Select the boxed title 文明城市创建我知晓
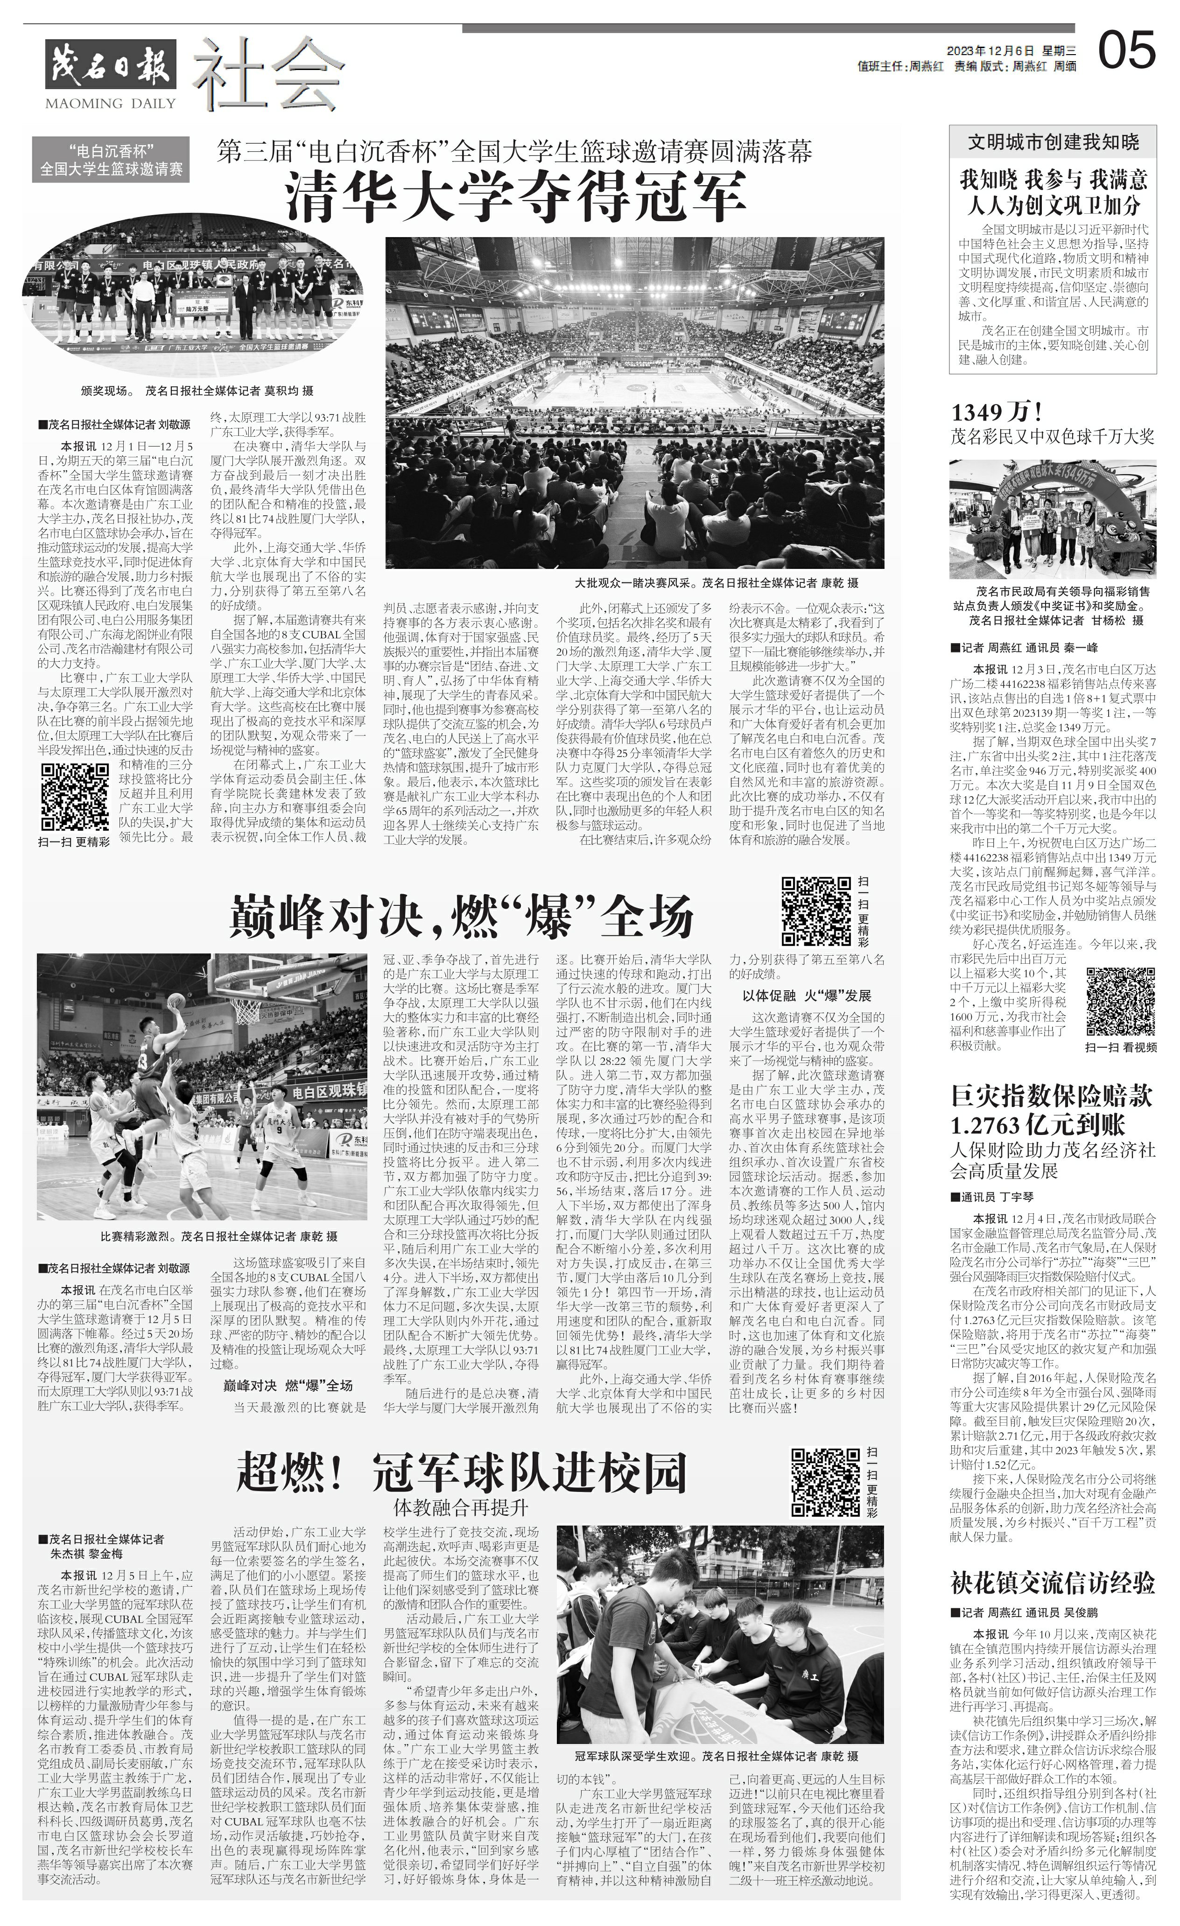[1053, 141]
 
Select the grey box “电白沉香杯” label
[111, 159]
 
